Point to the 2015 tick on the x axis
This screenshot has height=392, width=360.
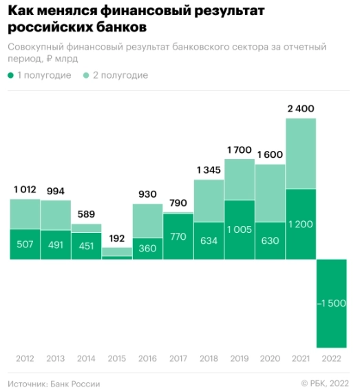click(117, 358)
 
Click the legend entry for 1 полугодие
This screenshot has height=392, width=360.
click(39, 75)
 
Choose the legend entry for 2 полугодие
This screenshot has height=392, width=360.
click(115, 75)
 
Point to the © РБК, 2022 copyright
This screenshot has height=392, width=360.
click(325, 383)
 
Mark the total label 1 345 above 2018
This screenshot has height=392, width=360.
click(209, 169)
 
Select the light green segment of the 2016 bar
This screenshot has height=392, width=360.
click(147, 220)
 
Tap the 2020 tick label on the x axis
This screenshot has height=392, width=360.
click(271, 358)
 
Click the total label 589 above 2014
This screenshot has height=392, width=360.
click(87, 214)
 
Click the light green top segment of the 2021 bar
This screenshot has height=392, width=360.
click(301, 153)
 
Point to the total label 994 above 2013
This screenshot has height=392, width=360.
click(55, 190)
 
